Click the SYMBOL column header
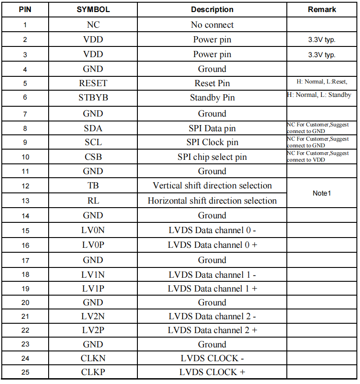click(93, 9)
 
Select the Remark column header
click(322, 9)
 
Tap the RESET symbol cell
click(93, 83)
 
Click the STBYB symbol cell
click(93, 98)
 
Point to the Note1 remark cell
click(322, 193)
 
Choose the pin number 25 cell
click(25, 372)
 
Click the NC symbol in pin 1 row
click(93, 25)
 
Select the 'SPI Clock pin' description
click(212, 142)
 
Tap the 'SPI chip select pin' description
click(212, 157)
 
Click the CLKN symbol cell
click(93, 358)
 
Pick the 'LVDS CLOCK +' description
click(212, 372)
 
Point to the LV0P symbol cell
click(93, 245)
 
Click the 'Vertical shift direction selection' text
click(212, 186)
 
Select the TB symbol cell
click(93, 186)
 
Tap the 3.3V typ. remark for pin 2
click(322, 40)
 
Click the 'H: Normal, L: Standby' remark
click(319, 95)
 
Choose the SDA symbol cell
click(93, 129)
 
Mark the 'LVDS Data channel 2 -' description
click(212, 317)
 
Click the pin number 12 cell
click(25, 186)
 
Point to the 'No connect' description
click(212, 25)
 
